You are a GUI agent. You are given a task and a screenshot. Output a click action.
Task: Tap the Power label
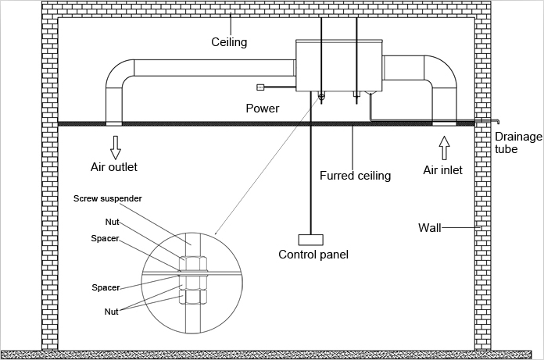point(263,108)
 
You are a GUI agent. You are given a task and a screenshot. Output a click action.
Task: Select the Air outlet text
point(116,166)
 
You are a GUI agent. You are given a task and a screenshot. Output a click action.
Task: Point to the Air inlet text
point(442,169)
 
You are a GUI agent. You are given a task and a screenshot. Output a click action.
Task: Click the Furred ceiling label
point(355,176)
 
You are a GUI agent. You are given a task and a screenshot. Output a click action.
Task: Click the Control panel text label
point(313,255)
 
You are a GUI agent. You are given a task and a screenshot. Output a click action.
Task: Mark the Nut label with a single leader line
point(113,222)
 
